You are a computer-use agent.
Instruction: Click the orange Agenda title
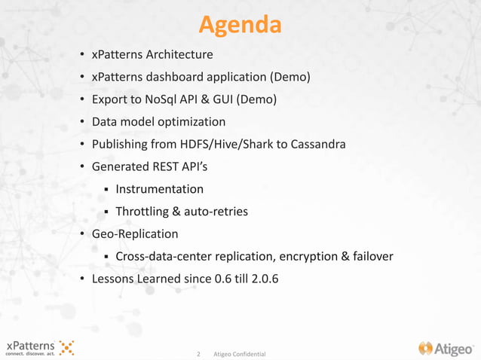coord(240,25)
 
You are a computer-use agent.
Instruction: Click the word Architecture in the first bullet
coord(179,55)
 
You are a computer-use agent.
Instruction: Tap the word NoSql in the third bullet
coord(179,99)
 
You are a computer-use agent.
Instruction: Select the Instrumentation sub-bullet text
coord(159,189)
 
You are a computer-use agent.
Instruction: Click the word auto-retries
coord(219,212)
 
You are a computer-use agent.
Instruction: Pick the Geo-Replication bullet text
coord(135,234)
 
